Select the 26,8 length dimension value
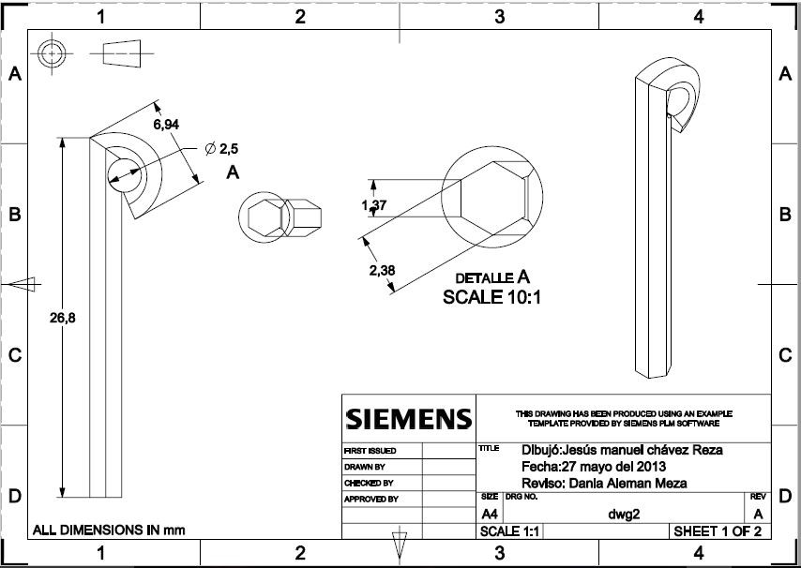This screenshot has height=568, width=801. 62,319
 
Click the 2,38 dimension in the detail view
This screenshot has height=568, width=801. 383,271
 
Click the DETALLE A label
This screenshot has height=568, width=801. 492,277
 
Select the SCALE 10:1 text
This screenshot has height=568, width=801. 492,297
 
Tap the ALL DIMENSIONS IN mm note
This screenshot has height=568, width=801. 109,530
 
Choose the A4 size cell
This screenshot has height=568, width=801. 490,515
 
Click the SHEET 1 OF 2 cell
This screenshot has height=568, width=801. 717,531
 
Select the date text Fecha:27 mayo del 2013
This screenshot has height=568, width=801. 593,466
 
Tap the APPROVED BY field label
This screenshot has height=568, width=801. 371,500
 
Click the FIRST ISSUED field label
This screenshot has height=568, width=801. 370,451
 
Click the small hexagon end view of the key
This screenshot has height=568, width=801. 263,217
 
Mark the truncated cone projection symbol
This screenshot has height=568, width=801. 123,55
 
